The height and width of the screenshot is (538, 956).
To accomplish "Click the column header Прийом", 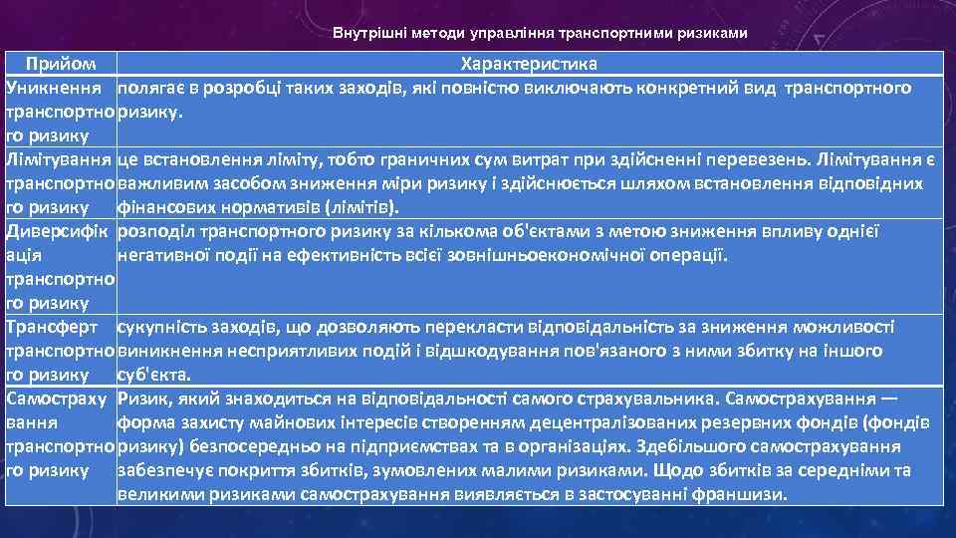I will (x=62, y=65).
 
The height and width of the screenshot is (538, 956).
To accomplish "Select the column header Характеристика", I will (x=528, y=65).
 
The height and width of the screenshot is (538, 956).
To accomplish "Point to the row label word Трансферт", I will (x=52, y=327).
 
